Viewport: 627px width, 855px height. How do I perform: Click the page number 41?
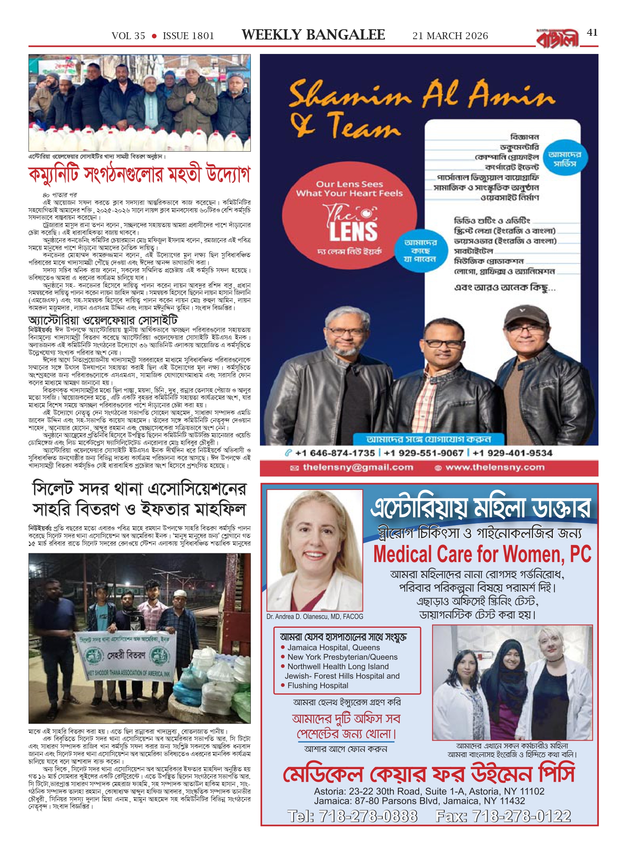(x=592, y=33)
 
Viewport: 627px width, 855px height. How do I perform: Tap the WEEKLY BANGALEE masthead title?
(x=313, y=35)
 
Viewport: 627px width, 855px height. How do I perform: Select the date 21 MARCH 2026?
(x=450, y=36)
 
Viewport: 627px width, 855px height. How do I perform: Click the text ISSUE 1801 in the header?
(x=188, y=36)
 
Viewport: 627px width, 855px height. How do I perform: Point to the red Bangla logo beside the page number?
(x=557, y=39)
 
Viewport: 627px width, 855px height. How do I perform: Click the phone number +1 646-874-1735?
(x=335, y=453)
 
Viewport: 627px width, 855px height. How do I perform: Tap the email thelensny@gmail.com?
(x=358, y=467)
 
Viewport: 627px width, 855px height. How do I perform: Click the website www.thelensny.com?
(x=494, y=467)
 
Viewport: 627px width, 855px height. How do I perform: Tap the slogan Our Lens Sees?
(x=349, y=184)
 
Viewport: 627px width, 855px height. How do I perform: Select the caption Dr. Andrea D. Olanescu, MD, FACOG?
(x=315, y=617)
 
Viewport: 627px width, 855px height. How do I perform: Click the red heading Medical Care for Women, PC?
(x=482, y=554)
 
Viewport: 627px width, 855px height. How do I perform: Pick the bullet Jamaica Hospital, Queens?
(x=333, y=648)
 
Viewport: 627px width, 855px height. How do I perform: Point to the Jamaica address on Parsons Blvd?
(x=419, y=801)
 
